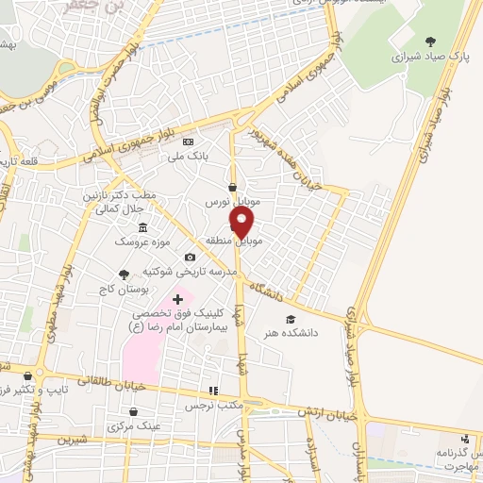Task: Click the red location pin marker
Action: point(242,223)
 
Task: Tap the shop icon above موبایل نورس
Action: point(232,187)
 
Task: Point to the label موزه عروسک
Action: point(142,242)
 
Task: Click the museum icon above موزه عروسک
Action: point(142,227)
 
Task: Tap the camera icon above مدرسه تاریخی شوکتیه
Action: point(191,258)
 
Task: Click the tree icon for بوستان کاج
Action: point(124,274)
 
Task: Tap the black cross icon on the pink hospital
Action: point(177,299)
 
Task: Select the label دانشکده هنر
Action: point(318,333)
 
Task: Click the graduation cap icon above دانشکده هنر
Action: point(291,321)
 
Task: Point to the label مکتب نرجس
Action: point(212,405)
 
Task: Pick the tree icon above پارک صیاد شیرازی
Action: point(430,41)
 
